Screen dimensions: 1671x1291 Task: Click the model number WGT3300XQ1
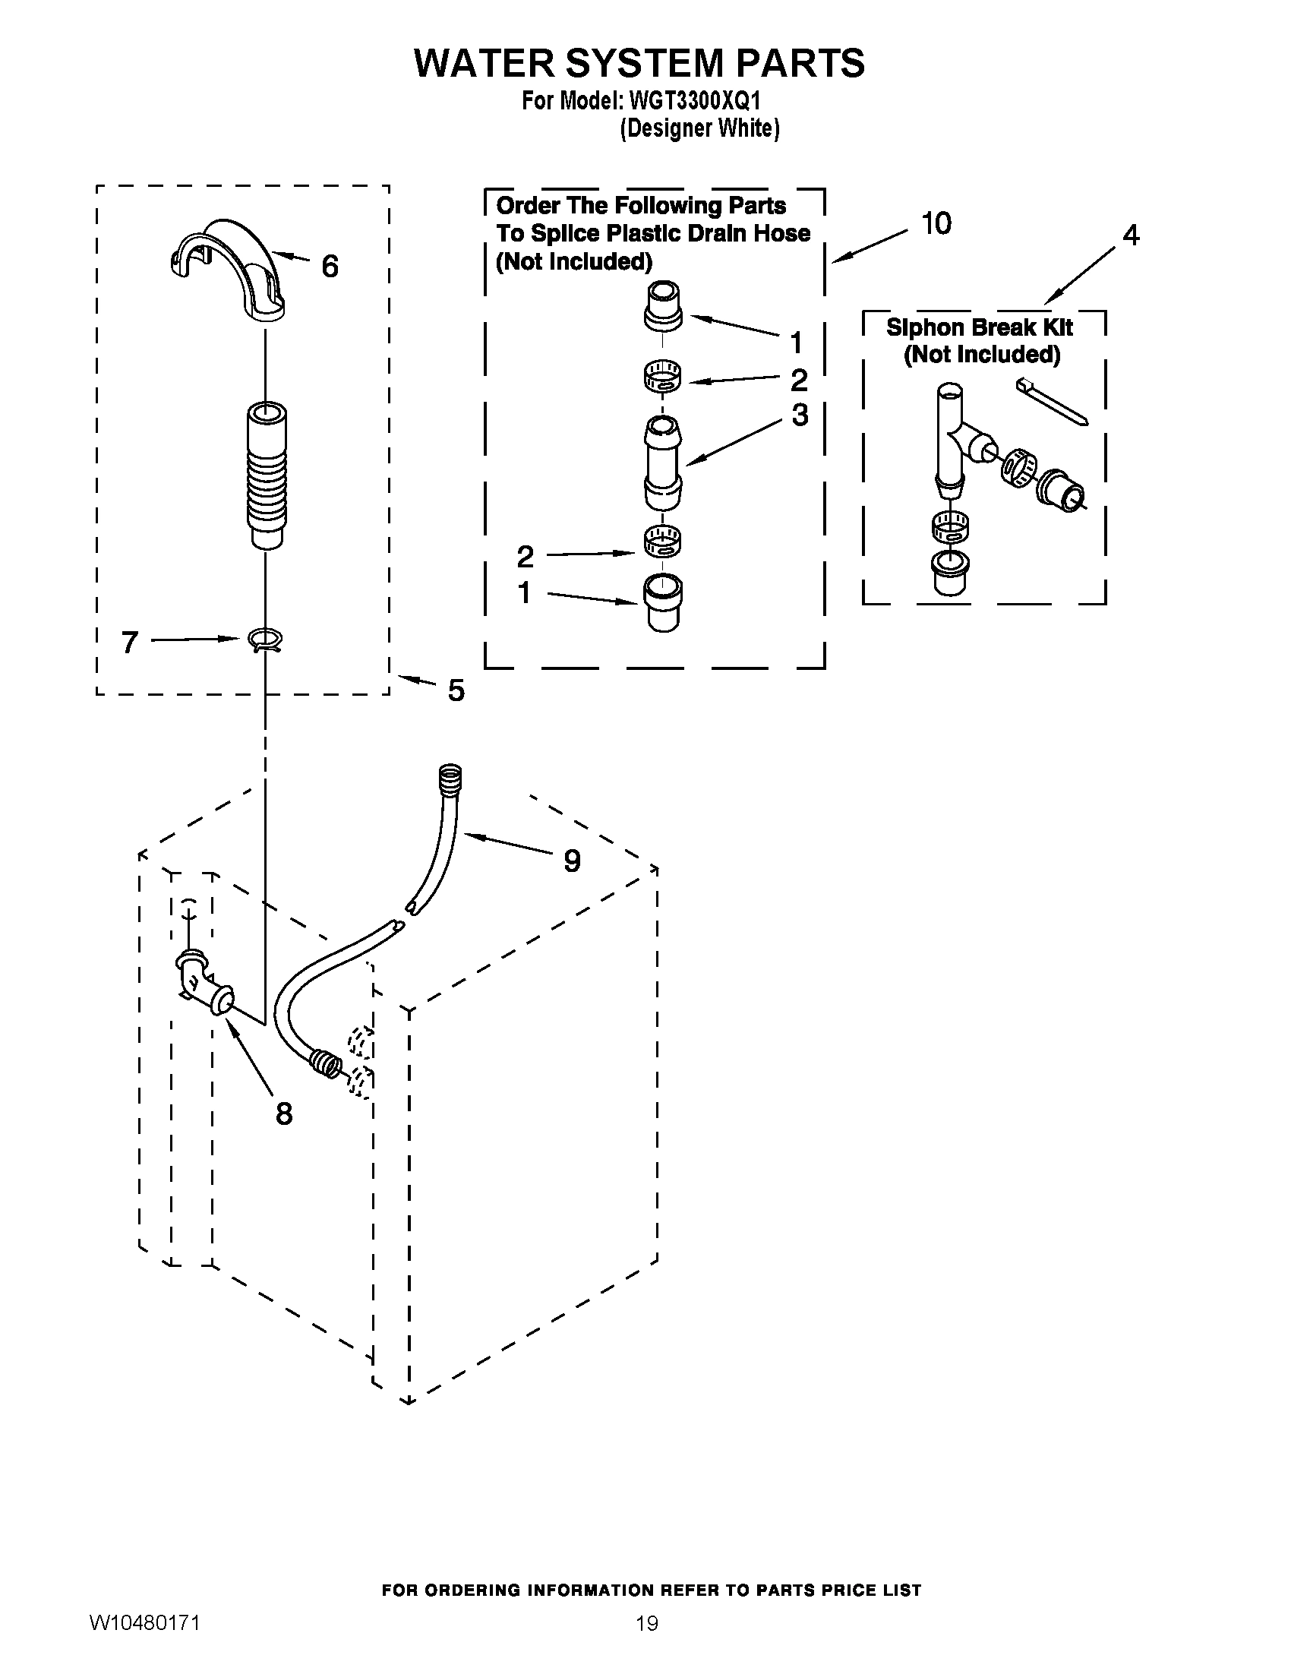[693, 101]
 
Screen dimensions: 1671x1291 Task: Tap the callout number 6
[330, 267]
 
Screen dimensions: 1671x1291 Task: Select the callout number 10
[936, 223]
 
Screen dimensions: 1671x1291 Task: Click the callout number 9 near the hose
[571, 861]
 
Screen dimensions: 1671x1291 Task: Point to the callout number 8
[284, 1113]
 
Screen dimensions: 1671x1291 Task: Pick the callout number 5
[456, 690]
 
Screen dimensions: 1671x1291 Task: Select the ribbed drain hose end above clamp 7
[266, 475]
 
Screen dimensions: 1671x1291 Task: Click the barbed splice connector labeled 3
[663, 463]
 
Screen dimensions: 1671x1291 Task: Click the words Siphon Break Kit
[980, 327]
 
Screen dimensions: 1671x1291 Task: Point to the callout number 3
[799, 415]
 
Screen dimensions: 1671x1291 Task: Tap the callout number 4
[1131, 235]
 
